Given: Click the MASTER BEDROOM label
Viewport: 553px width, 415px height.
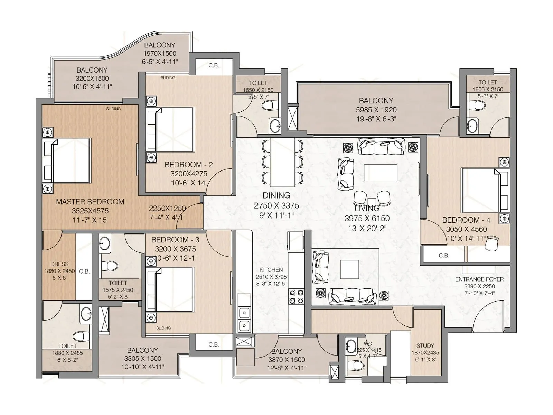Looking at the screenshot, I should click(x=90, y=202).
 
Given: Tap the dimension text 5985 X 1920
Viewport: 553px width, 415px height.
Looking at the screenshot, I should click(x=376, y=110).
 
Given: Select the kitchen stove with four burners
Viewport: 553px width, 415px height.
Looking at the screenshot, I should click(x=297, y=297).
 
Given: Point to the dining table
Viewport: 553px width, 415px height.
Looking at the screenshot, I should click(x=282, y=162).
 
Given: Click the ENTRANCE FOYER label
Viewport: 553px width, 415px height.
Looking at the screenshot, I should click(x=479, y=279).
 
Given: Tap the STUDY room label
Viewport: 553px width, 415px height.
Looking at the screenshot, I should click(x=425, y=345).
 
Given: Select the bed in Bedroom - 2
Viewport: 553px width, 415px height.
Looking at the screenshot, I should click(x=175, y=129).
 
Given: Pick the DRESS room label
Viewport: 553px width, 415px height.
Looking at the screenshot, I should click(x=59, y=264).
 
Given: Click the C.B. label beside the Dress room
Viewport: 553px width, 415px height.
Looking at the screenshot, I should click(x=84, y=271).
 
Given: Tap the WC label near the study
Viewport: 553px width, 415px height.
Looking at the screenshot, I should click(x=368, y=344).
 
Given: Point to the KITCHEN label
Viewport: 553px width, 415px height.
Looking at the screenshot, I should click(x=271, y=270).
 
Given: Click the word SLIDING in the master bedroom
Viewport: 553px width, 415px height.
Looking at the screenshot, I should click(x=113, y=109).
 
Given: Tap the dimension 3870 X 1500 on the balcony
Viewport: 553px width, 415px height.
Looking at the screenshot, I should click(x=287, y=360).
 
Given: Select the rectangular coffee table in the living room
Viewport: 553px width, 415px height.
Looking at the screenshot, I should click(x=380, y=173).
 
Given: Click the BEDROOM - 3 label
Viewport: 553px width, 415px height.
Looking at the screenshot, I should click(x=175, y=240).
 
